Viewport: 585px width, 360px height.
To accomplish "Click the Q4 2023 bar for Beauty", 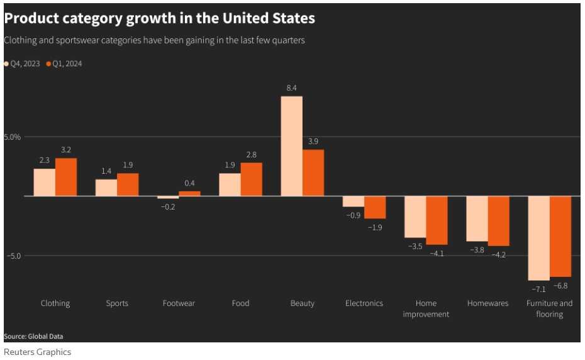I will (x=291, y=146).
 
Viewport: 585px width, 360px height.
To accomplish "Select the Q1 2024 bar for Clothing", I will (x=66, y=177).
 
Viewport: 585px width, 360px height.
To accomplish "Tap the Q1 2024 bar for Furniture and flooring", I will (x=560, y=236).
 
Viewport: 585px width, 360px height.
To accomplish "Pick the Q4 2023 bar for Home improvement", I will (x=415, y=217).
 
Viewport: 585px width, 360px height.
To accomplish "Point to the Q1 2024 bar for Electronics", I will (x=375, y=207).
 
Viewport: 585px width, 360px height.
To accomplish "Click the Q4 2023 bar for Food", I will (x=230, y=184).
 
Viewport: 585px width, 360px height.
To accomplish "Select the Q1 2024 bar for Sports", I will (x=128, y=184).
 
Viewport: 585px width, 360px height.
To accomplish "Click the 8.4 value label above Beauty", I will (x=291, y=88).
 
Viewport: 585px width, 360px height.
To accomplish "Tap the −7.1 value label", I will (x=538, y=289).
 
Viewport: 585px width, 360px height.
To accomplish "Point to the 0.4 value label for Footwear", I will (x=189, y=183).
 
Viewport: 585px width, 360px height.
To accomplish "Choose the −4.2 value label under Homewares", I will (x=499, y=255).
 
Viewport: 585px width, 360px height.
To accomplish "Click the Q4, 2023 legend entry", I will (x=24, y=64).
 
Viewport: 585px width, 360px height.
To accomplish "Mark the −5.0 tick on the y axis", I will (x=14, y=256).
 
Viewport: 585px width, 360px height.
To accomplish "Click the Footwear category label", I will (x=179, y=303).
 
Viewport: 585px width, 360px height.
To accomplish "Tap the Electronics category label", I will (x=364, y=303).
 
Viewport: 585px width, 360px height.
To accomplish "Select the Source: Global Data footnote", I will (x=33, y=336).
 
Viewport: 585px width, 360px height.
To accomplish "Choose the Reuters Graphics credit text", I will (x=37, y=352).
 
